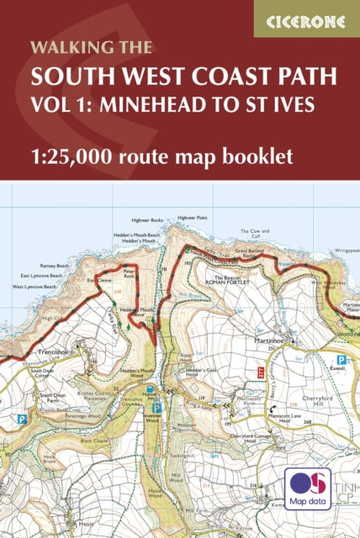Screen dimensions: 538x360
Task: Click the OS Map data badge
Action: tap(306, 489)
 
